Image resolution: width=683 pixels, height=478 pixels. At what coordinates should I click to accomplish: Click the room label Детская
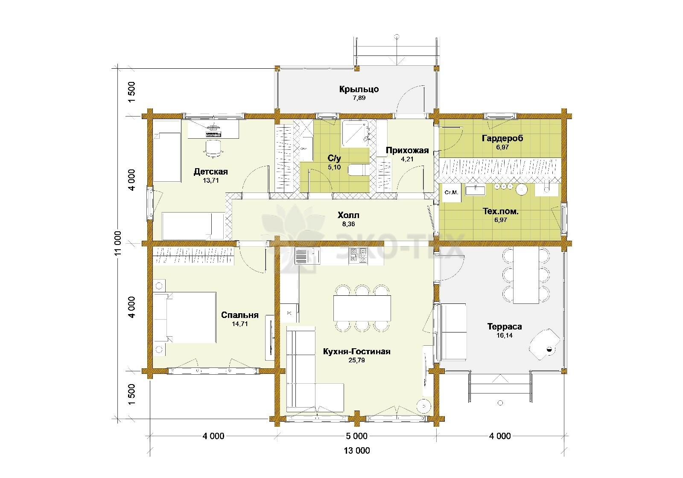point(211,172)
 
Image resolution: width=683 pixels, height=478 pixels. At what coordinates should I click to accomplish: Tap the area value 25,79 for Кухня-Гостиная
point(356,360)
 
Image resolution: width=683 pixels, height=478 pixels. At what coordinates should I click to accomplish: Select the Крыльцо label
point(359,89)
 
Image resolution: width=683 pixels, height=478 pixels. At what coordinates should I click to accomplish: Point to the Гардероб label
point(502,138)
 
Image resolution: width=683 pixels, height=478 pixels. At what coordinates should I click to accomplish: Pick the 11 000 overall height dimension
point(118,243)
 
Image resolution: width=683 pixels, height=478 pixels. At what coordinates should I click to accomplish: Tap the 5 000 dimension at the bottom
point(357,436)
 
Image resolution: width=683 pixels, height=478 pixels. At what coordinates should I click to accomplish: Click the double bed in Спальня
point(184,318)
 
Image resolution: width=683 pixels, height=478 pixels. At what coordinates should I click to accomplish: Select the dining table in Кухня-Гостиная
point(362,308)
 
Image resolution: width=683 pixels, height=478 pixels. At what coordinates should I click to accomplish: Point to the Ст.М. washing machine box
point(451,192)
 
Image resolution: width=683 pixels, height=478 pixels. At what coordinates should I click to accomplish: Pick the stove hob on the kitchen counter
point(358,256)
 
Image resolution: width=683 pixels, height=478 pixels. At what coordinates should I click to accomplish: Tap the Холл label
point(348,215)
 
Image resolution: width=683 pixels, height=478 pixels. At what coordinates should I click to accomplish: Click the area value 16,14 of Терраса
point(505,335)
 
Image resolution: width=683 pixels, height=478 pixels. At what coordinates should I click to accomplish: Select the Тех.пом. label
point(501,212)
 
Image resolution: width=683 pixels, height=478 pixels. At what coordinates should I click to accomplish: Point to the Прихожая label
point(407,150)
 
